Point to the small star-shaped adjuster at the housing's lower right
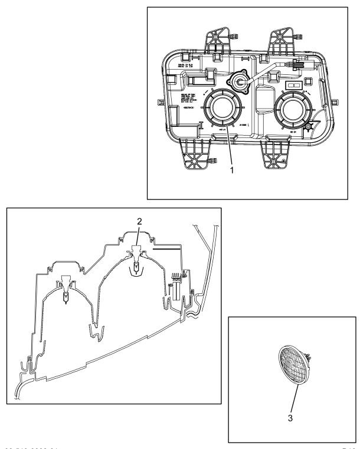pyautogui.click(x=307, y=126)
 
